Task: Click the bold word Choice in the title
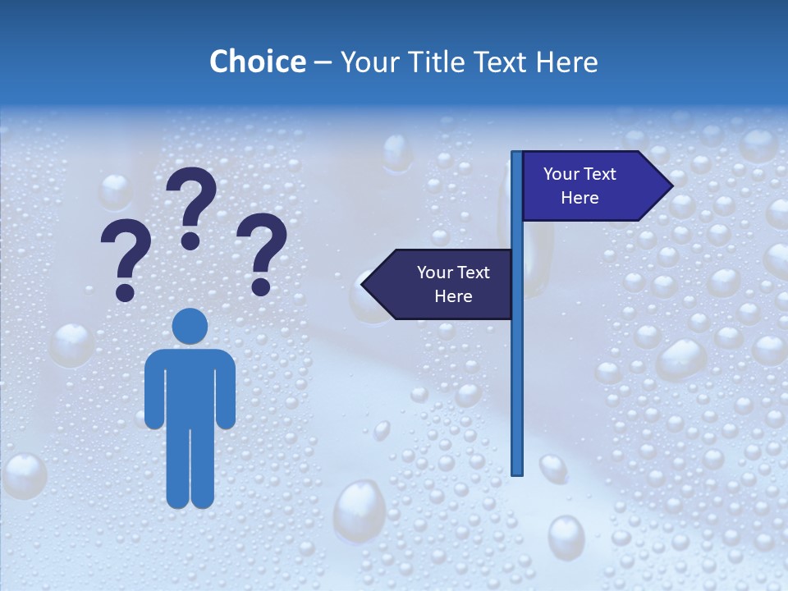tap(257, 62)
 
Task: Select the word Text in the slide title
tap(509, 62)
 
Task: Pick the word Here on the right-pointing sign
tap(580, 198)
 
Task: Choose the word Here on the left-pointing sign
tap(453, 296)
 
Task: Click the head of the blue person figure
tap(190, 326)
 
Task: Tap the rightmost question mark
tap(263, 250)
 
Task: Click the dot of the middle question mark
tap(190, 241)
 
